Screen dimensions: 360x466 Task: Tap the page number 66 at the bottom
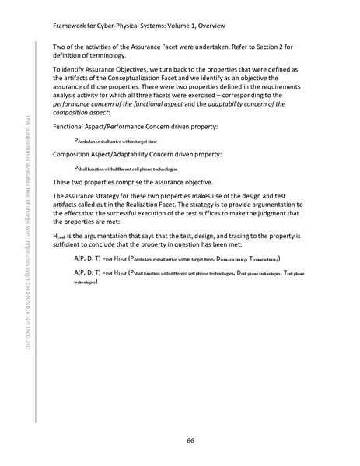(190, 440)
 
